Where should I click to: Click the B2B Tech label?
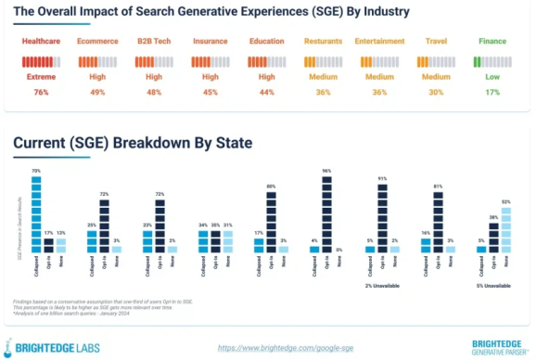coord(151,42)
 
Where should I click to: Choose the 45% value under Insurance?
coord(209,93)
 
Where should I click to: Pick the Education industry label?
coord(266,42)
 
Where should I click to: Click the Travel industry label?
coord(437,42)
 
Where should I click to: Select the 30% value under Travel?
coord(437,93)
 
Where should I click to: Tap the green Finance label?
coord(492,42)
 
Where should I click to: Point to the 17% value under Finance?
coord(492,93)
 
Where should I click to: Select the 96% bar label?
coord(325,171)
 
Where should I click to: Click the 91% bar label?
coord(382,177)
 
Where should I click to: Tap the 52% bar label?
coord(505,201)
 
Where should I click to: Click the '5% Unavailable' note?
coord(493,286)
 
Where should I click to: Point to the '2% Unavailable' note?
coord(381,286)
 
